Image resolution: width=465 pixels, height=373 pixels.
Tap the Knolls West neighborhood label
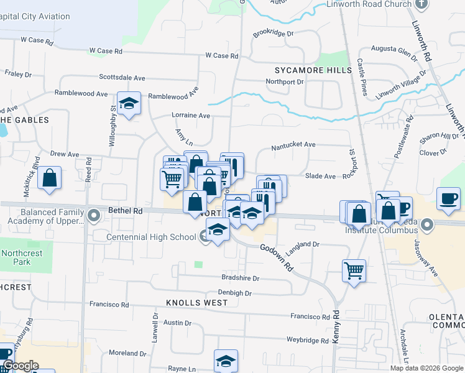[x=188, y=303]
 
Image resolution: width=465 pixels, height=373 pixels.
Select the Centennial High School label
[x=150, y=237]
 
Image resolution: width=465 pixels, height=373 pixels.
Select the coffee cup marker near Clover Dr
[x=448, y=198]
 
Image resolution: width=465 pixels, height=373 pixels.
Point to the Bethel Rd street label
[x=126, y=211]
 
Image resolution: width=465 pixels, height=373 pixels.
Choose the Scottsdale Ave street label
[x=122, y=78]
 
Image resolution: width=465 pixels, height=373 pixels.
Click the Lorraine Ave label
[x=191, y=116]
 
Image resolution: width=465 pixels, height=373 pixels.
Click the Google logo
[x=20, y=366]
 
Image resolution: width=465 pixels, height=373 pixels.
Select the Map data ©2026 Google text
[x=426, y=368]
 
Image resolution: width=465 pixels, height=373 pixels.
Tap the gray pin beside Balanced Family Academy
[x=94, y=216]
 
